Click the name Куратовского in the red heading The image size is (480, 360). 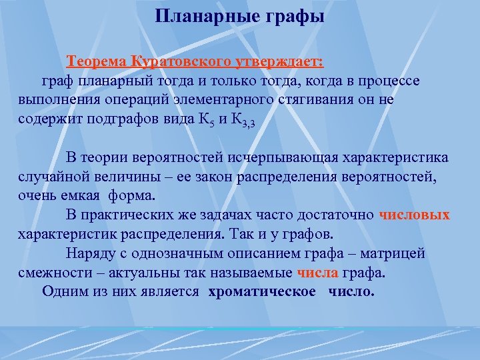click(x=178, y=62)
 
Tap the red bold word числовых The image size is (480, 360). click(x=414, y=215)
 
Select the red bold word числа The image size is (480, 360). click(x=318, y=273)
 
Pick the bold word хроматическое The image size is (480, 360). click(x=262, y=291)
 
